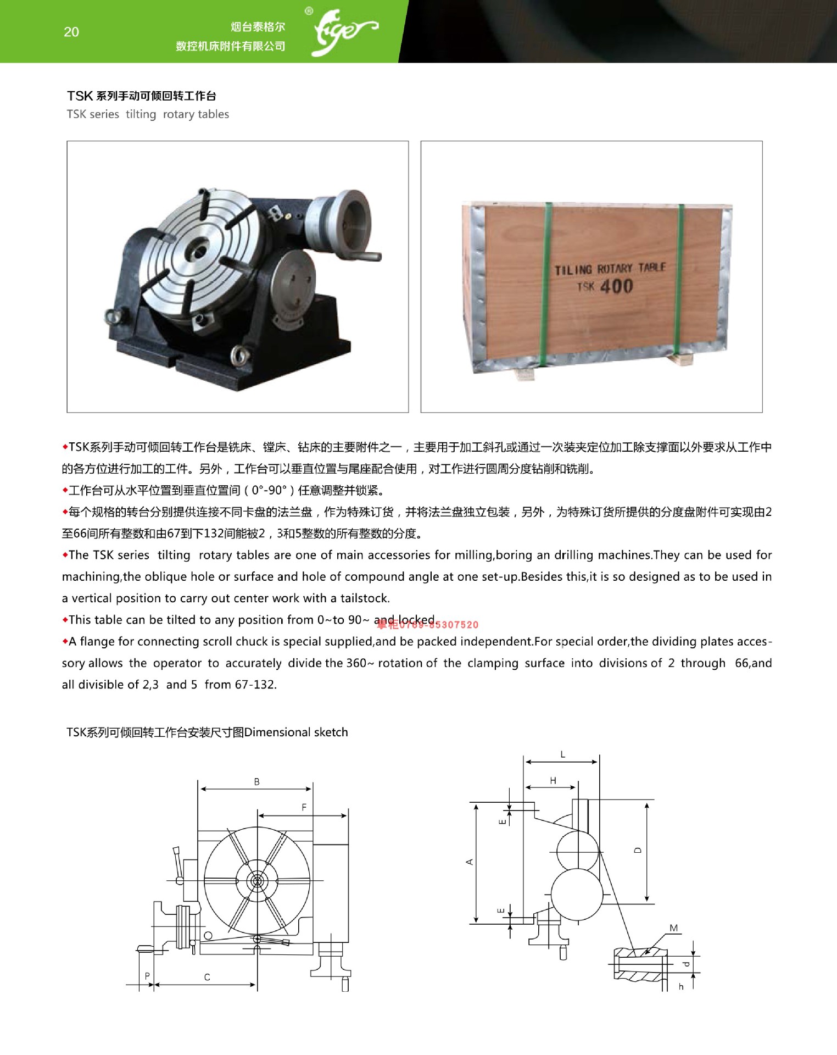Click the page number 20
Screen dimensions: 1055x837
point(71,32)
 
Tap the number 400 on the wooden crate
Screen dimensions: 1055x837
point(617,286)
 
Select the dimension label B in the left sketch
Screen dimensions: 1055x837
point(256,781)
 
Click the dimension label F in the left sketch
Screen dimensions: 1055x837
point(304,807)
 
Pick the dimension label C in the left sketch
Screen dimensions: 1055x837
point(207,977)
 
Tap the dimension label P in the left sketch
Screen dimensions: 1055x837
point(147,976)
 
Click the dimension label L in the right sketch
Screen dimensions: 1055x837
point(562,754)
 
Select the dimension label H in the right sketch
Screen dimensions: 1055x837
point(553,780)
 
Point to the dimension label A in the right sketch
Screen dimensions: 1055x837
point(470,862)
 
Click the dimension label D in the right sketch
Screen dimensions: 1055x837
point(638,850)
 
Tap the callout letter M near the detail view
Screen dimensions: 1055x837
point(674,928)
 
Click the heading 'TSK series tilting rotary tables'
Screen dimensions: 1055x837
point(148,114)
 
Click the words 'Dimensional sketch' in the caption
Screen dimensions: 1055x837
point(296,732)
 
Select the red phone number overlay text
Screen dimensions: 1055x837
point(428,625)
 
